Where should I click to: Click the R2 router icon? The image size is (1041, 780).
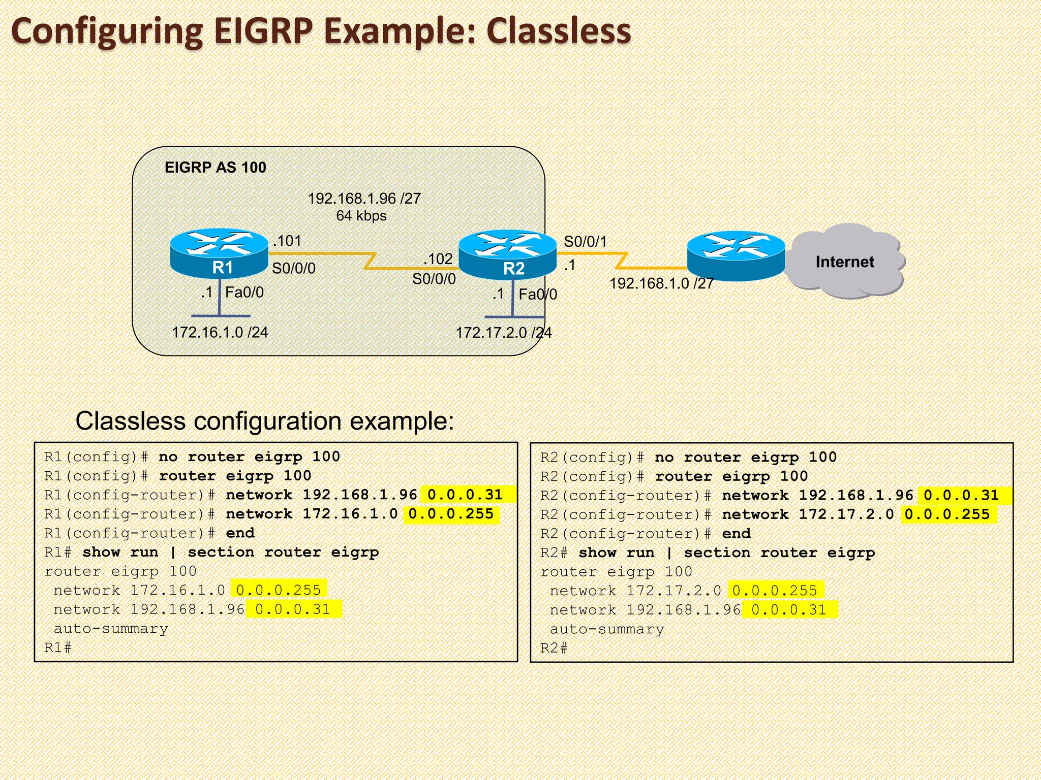point(507,254)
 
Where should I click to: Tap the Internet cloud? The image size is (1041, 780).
point(844,262)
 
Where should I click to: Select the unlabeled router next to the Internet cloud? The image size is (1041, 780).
point(736,255)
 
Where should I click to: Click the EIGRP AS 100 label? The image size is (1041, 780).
point(215,168)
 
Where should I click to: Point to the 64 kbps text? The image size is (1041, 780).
point(361,216)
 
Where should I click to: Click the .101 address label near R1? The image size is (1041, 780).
point(287,241)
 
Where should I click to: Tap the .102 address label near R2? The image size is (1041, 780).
point(438,259)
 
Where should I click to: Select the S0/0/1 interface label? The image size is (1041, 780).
point(585,242)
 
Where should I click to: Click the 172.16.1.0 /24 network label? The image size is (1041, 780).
point(220,332)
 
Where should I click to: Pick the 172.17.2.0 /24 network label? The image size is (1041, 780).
point(503,333)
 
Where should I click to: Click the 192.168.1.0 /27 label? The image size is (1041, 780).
point(661,283)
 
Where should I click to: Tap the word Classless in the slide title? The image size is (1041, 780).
point(558,31)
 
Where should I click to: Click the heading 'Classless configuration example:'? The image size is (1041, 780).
point(264,421)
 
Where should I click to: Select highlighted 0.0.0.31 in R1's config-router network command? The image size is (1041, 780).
point(465,495)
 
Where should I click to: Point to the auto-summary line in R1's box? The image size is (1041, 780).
point(111,629)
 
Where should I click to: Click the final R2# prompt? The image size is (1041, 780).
point(554,648)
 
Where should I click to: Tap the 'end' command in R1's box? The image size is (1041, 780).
point(240,533)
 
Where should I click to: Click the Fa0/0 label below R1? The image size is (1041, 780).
point(244,292)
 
